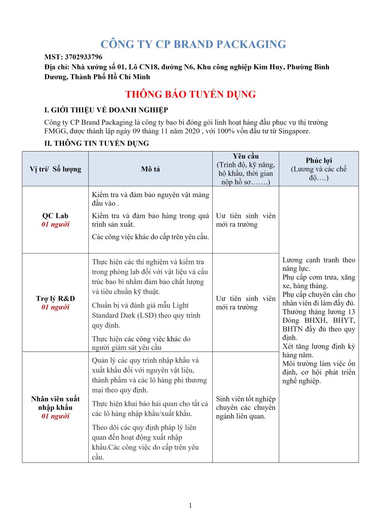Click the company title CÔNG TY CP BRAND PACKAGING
pos(193,44)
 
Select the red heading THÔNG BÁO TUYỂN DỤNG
pos(190,94)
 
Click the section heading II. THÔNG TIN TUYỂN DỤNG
pos(97,143)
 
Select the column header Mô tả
pos(150,169)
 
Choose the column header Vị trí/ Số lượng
pos(55,169)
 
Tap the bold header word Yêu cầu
pos(246,156)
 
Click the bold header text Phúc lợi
pos(318,161)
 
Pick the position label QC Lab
pos(55,216)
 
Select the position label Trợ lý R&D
pos(55,299)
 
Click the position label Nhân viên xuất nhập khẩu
pos(55,403)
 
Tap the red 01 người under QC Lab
pos(55,224)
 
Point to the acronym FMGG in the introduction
pos(54,131)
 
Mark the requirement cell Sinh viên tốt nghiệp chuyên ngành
pos(246,407)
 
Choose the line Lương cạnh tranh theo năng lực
pos(318,264)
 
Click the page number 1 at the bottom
pos(190,505)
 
